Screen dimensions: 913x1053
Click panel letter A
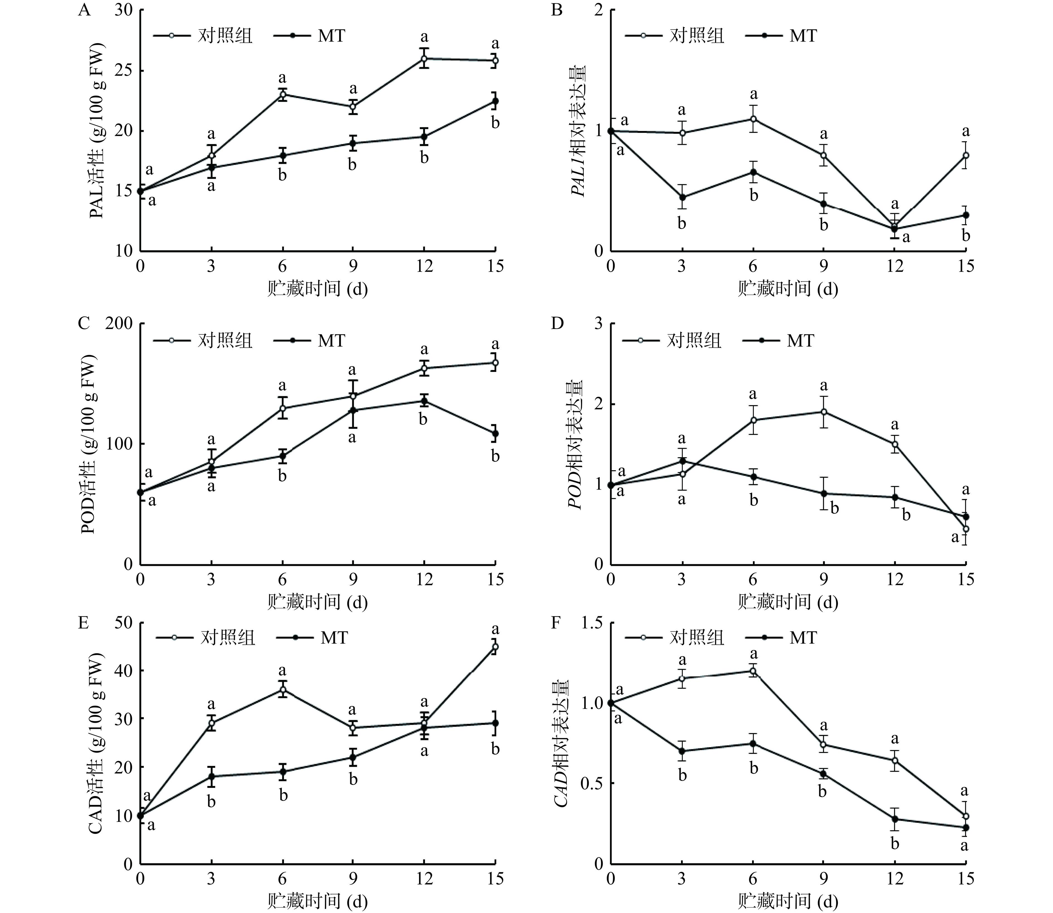tap(84, 10)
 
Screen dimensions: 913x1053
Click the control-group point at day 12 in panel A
tap(424, 59)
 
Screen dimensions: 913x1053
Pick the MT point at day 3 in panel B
tap(682, 197)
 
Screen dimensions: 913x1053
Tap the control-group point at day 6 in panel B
tap(753, 119)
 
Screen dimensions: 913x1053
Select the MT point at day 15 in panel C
tap(495, 434)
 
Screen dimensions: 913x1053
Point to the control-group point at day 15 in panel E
tap(495, 647)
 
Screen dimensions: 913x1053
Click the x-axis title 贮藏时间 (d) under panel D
tap(787, 603)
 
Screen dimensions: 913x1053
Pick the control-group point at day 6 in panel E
tap(282, 690)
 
